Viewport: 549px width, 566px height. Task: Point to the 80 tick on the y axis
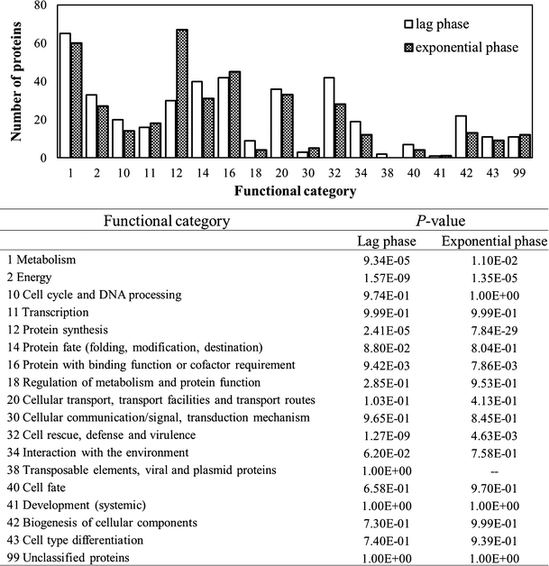point(40,5)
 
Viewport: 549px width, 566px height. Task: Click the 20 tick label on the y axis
point(40,120)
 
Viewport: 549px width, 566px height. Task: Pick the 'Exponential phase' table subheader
point(493,241)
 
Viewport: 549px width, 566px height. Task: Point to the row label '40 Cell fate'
point(34,488)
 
